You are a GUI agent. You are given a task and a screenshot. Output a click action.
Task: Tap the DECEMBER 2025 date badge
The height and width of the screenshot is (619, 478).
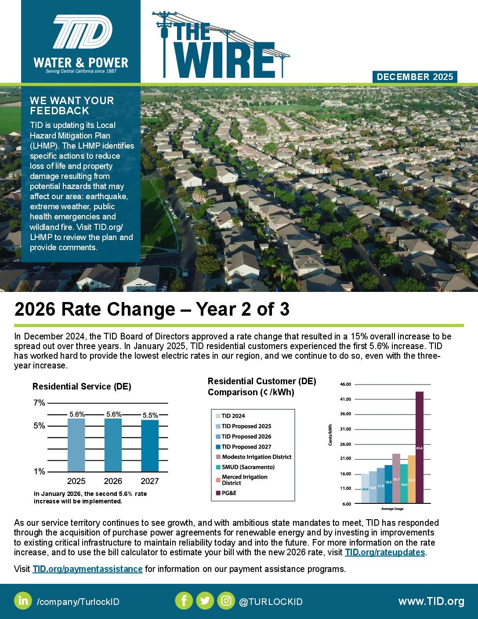(415, 77)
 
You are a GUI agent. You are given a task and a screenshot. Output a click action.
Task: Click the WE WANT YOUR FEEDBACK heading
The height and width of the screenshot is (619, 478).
(72, 106)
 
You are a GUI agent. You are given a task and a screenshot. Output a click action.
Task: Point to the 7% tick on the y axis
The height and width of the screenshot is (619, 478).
(40, 403)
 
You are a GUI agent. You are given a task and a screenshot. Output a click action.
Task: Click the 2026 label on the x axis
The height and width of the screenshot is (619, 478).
(113, 481)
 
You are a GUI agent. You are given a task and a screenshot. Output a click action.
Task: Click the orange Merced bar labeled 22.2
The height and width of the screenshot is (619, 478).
(412, 479)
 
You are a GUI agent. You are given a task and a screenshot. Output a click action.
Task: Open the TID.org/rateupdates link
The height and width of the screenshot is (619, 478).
(385, 552)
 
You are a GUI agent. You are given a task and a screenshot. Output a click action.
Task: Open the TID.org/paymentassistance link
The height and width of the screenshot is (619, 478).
(87, 569)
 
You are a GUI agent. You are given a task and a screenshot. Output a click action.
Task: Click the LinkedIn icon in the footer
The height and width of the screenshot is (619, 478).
(23, 601)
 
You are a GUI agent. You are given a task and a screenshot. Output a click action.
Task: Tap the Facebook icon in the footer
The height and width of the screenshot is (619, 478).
(184, 601)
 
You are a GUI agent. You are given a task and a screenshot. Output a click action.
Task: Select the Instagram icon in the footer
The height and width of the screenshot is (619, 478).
(226, 601)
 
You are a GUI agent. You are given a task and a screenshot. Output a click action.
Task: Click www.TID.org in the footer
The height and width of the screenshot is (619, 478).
(431, 601)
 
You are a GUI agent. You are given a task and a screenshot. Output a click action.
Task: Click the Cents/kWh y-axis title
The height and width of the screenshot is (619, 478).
(330, 435)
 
